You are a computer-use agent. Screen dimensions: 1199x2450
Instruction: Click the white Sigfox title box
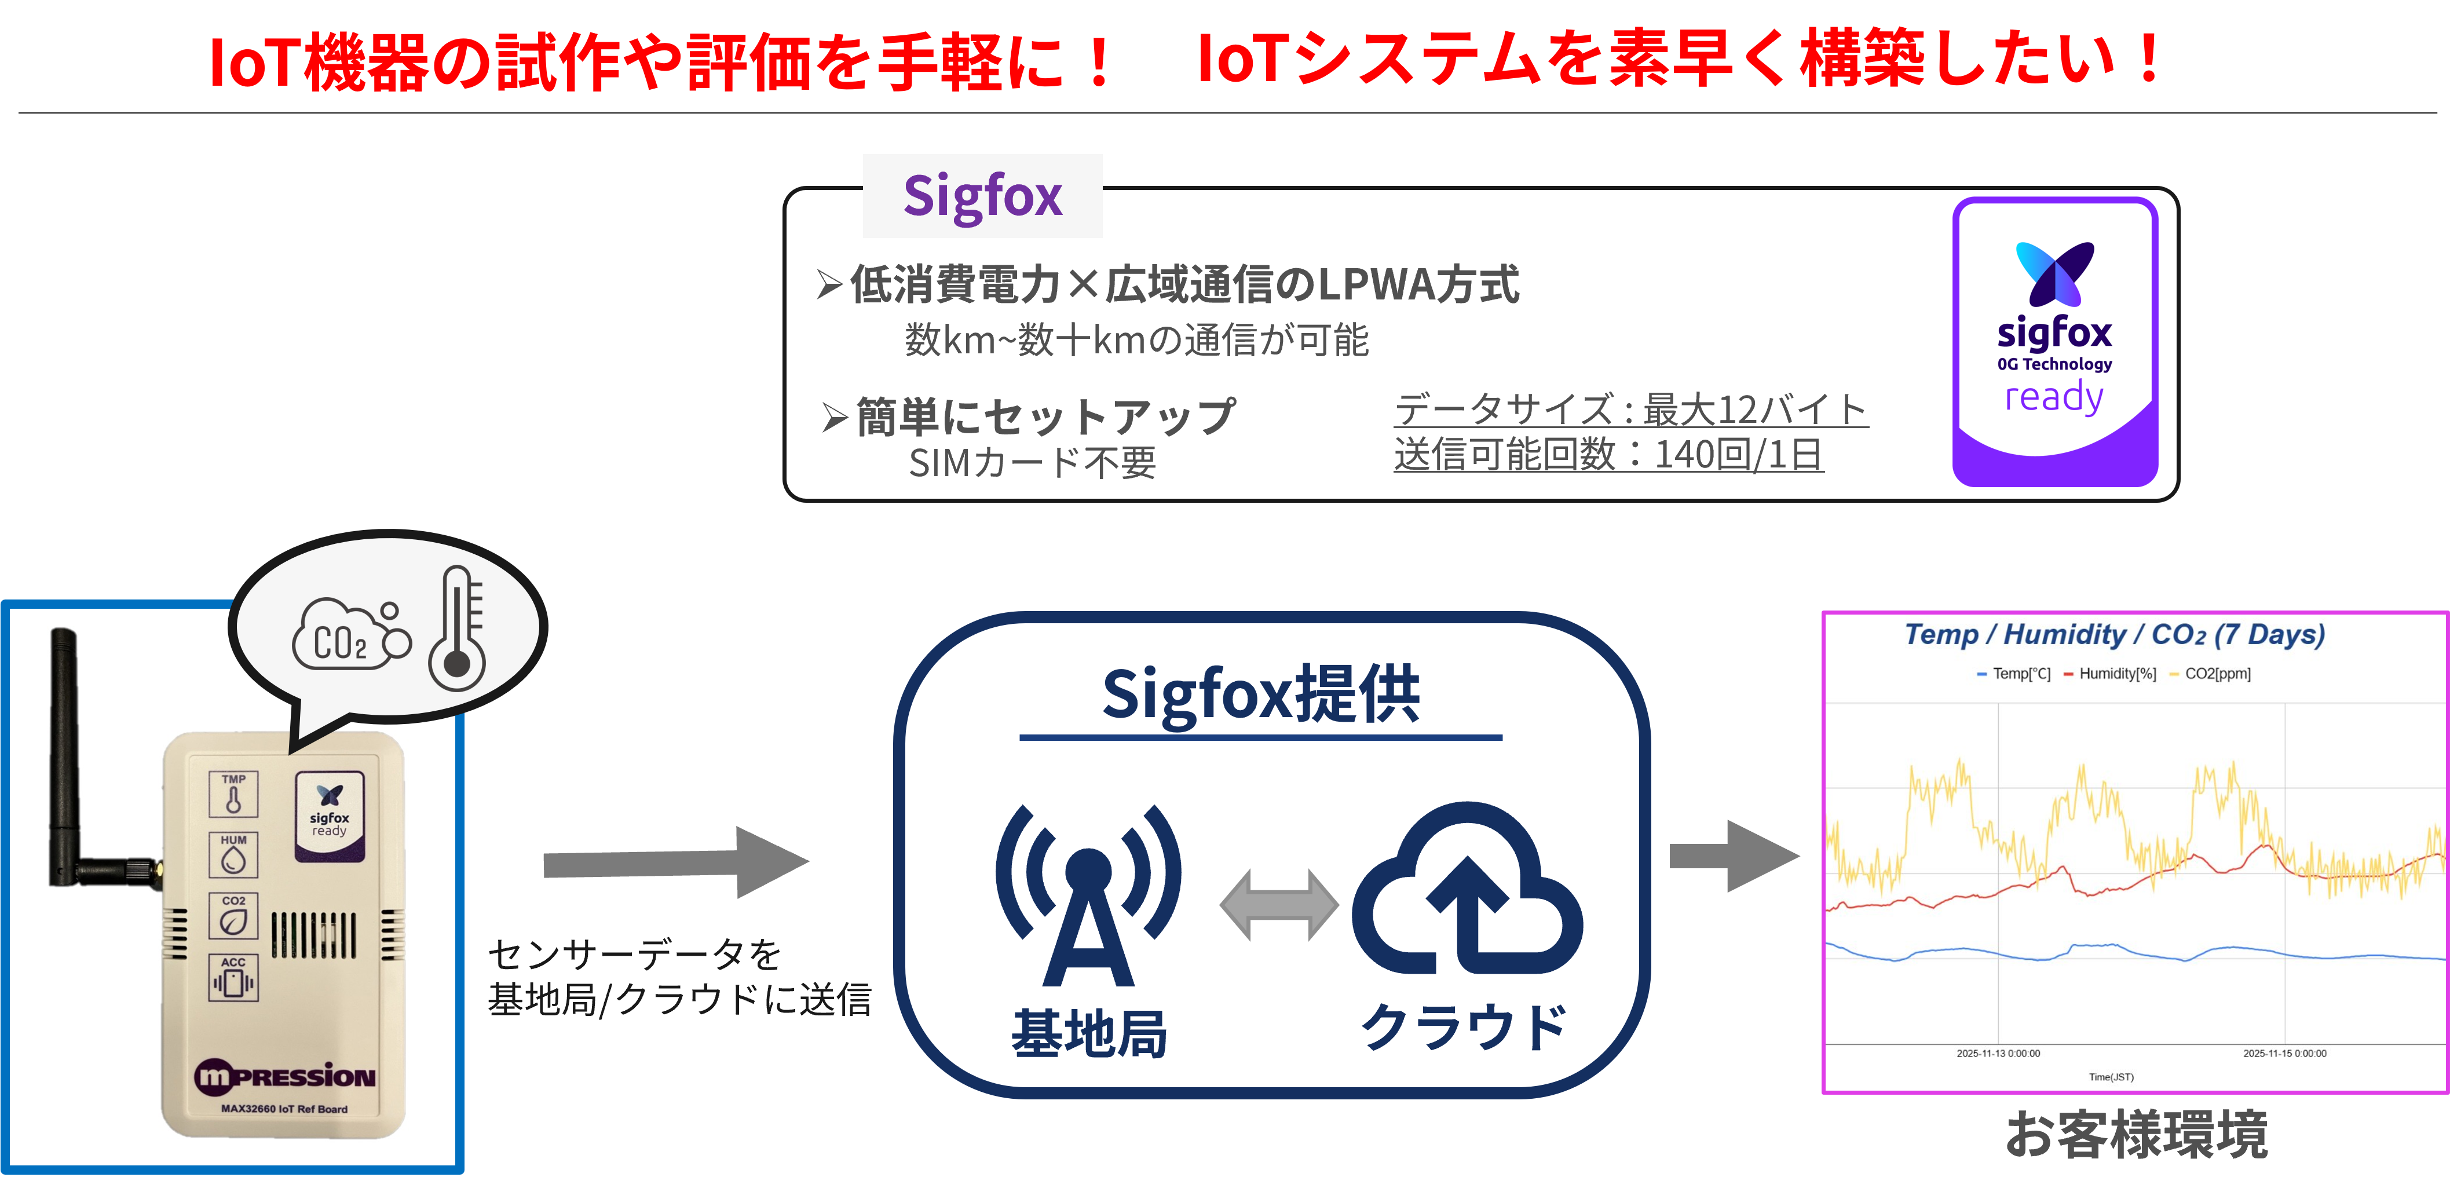click(x=982, y=196)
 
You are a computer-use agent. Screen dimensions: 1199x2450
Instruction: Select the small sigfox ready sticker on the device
click(x=329, y=816)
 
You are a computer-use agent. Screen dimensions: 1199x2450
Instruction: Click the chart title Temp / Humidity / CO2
click(x=2113, y=634)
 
